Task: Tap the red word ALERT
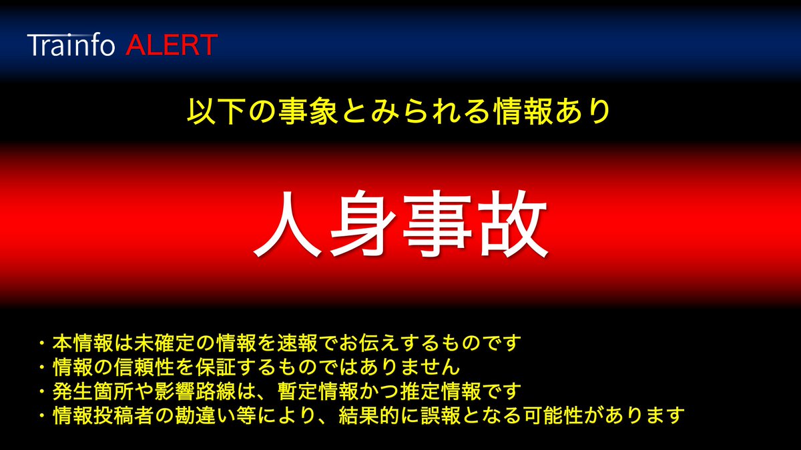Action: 171,45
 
